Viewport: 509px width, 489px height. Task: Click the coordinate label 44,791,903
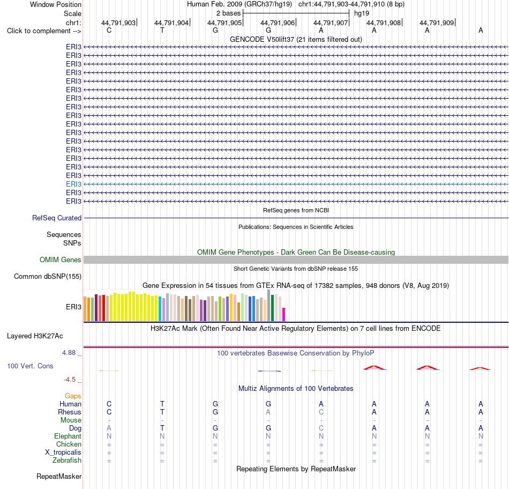click(118, 23)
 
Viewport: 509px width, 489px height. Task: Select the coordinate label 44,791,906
click(278, 23)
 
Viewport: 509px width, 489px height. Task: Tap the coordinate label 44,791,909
click(437, 23)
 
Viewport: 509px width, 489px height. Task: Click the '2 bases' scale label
click(229, 13)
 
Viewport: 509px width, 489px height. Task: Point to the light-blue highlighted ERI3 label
click(74, 184)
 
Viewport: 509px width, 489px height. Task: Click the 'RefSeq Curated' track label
click(57, 218)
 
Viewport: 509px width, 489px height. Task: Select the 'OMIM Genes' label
click(61, 260)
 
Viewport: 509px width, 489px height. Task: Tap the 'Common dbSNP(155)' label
click(48, 277)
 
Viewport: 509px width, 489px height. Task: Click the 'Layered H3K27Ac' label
click(35, 336)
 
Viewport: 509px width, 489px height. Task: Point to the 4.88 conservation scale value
click(69, 352)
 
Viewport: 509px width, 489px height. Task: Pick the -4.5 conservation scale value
click(70, 380)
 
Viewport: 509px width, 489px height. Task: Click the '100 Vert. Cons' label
click(30, 366)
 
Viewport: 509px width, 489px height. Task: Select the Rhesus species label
click(70, 412)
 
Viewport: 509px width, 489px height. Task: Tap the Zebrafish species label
click(67, 461)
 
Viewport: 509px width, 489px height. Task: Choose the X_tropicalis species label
click(63, 453)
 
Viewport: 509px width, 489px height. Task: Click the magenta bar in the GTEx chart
click(284, 315)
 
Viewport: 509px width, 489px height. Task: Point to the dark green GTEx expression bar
click(272, 308)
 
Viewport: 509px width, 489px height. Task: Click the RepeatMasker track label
click(59, 476)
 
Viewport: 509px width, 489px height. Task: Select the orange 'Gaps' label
click(73, 396)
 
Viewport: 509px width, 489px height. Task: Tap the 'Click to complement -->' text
click(44, 31)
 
